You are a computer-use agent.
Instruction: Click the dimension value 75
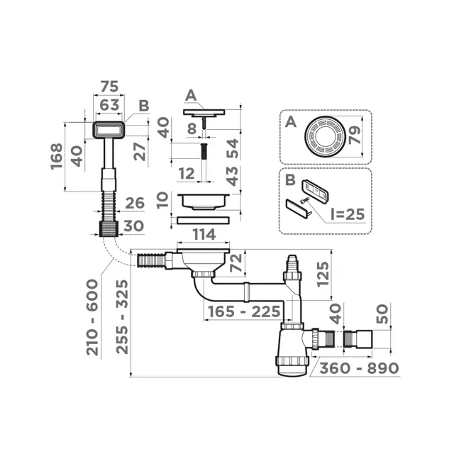(108, 87)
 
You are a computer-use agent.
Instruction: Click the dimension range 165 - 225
(240, 311)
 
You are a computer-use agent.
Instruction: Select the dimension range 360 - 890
(358, 368)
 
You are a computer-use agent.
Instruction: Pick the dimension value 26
(134, 204)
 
